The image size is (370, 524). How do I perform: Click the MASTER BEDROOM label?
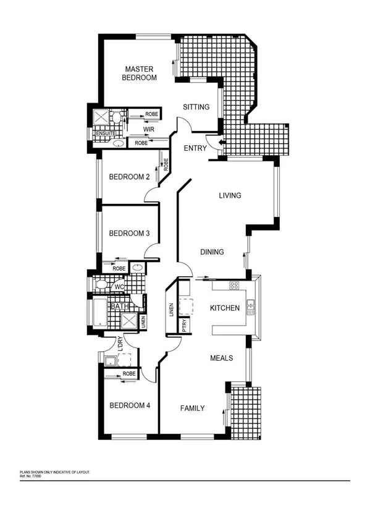click(139, 74)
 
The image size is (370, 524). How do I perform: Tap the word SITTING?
click(196, 108)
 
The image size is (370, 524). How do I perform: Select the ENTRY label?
click(196, 148)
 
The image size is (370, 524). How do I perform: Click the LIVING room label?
click(230, 196)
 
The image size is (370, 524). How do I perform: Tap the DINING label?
click(211, 252)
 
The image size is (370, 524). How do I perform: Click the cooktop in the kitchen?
click(234, 285)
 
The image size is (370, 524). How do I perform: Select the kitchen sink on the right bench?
click(251, 305)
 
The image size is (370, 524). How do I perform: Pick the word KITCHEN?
click(224, 308)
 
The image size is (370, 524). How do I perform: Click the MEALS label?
click(221, 358)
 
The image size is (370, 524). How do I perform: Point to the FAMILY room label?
click(193, 408)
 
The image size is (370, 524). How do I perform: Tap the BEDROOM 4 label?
click(129, 406)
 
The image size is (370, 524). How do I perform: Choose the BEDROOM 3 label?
click(129, 234)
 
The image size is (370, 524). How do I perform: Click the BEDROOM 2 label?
click(129, 177)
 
